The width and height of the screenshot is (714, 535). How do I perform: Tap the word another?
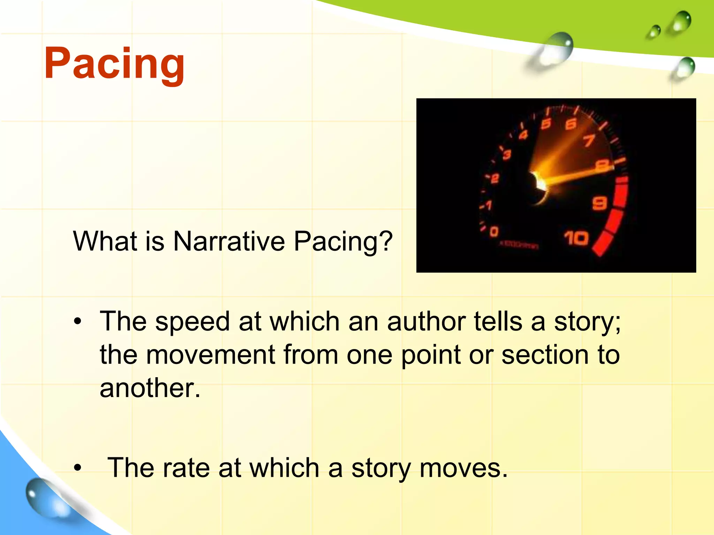pyautogui.click(x=150, y=388)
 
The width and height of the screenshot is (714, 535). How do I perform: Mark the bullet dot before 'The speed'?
pyautogui.click(x=77, y=321)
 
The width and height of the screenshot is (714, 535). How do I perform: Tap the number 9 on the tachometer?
pyautogui.click(x=600, y=203)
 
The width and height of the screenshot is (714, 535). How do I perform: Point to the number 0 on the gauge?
pyautogui.click(x=494, y=232)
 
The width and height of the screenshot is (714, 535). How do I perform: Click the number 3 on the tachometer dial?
pyautogui.click(x=507, y=155)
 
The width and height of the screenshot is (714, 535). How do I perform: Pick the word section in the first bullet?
pyautogui.click(x=545, y=355)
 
